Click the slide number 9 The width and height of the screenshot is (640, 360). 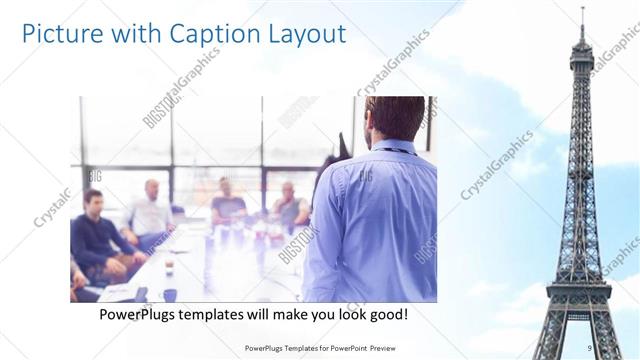[590, 347]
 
